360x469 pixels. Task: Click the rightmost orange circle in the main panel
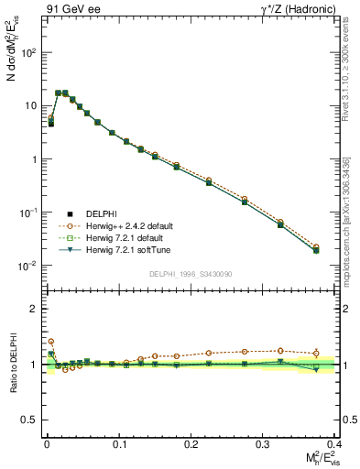tap(316, 246)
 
